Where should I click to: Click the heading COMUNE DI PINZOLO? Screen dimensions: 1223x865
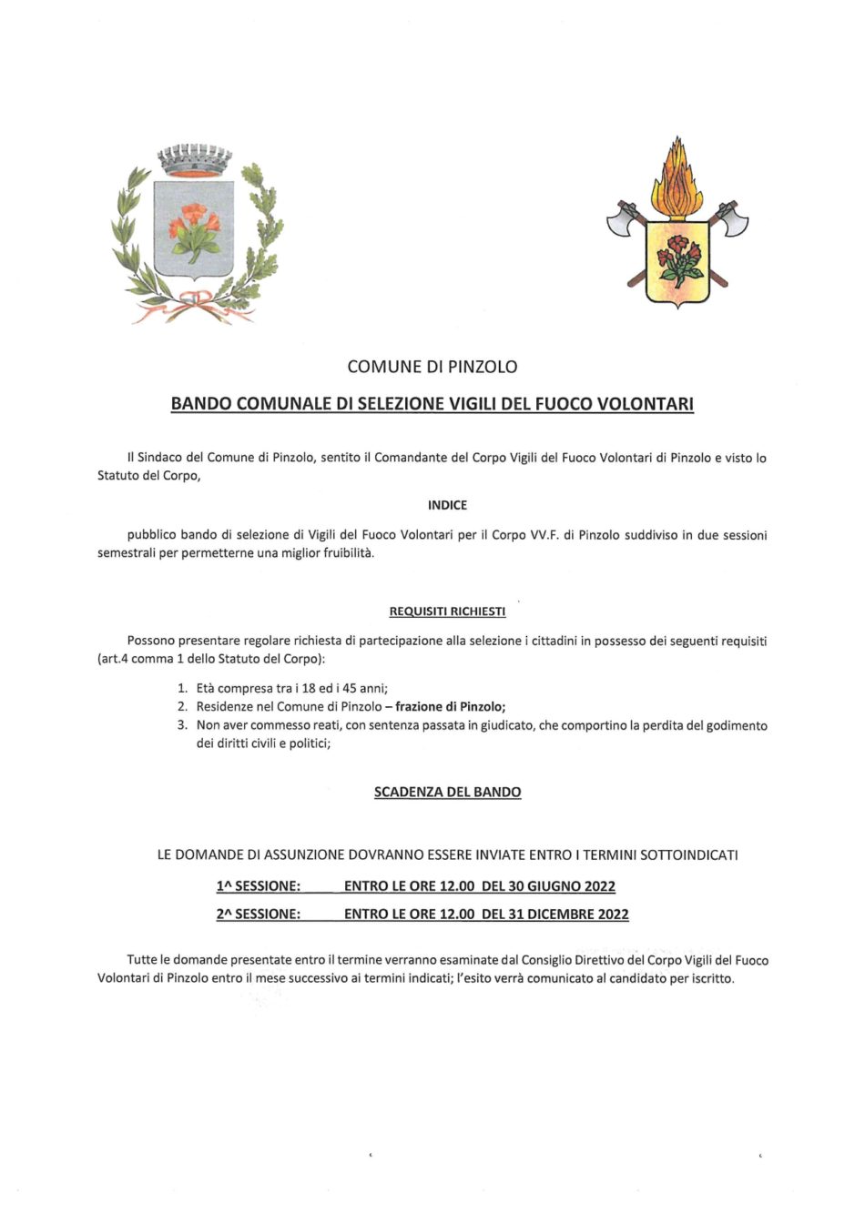point(432,367)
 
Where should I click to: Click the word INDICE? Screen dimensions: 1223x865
point(447,505)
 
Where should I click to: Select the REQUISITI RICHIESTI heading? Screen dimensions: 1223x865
point(447,611)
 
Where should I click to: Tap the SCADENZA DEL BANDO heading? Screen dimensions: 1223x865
point(447,793)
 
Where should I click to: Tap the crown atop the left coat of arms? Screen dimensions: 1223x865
point(195,161)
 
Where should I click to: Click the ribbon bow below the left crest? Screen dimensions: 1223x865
point(194,303)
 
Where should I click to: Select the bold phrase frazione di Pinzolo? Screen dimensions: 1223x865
point(450,707)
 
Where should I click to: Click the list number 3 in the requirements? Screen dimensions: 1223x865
point(181,725)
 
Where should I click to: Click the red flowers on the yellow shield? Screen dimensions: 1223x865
point(677,254)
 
